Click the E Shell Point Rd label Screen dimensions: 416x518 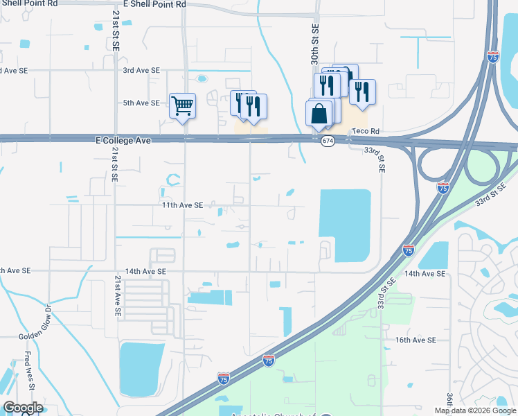coord(154,4)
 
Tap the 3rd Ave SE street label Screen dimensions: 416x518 coord(141,71)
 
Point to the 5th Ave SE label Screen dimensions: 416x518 coord(141,103)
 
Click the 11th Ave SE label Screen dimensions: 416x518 coord(181,205)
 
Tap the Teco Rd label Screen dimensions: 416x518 coord(366,131)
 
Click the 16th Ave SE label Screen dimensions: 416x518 coord(416,340)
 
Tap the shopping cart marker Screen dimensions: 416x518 coord(183,107)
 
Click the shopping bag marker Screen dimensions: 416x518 coord(319,114)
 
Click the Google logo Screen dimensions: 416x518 coord(22,408)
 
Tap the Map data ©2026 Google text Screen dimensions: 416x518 coord(475,410)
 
